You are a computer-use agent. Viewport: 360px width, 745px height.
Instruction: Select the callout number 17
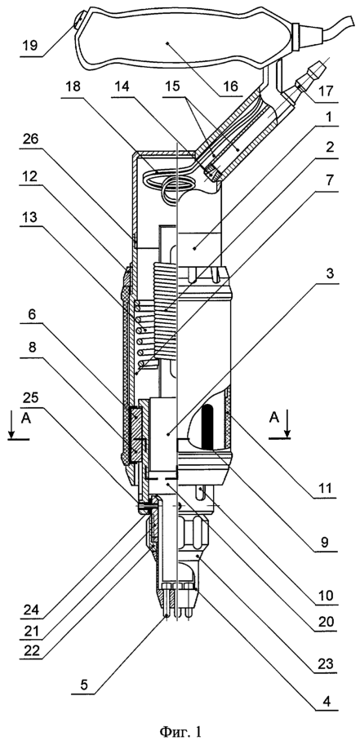323,92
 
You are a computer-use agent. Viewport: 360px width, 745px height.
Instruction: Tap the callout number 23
323,663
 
